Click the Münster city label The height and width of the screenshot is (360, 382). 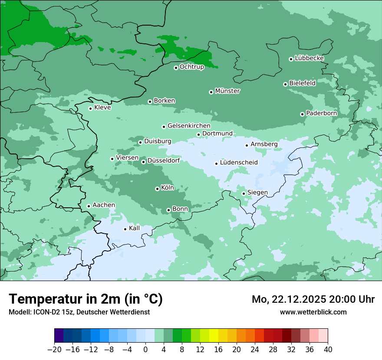(x=227, y=91)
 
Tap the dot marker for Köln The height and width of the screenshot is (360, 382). (x=157, y=189)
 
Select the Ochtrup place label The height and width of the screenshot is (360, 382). (x=192, y=67)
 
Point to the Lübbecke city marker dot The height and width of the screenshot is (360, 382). (x=291, y=59)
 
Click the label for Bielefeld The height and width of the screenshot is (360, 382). (x=303, y=83)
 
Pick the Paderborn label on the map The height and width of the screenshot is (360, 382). (x=322, y=113)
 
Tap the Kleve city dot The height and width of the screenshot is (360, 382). (x=90, y=108)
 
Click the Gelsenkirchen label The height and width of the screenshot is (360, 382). (x=189, y=126)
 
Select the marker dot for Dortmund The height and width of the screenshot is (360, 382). (x=198, y=134)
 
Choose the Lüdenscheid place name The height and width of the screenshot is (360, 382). (x=239, y=163)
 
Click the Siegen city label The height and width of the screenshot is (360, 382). (x=257, y=193)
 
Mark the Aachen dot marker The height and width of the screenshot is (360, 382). (x=89, y=206)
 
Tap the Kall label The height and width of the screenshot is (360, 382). (x=135, y=228)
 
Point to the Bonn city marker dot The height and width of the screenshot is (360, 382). (x=168, y=210)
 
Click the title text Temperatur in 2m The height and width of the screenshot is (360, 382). (x=86, y=299)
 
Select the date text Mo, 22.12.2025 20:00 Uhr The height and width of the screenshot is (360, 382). (x=313, y=299)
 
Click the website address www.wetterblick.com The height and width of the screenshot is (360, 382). (x=313, y=312)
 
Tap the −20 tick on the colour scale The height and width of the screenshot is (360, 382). (x=54, y=350)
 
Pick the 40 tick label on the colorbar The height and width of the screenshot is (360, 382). (x=328, y=350)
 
